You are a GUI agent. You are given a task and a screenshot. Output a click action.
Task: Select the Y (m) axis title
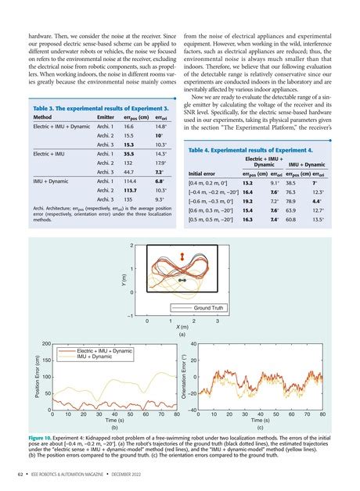click(113, 280)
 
